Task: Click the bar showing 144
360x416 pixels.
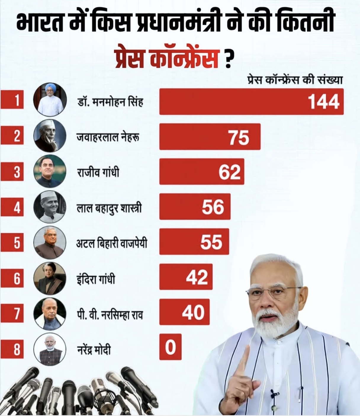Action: coord(251,102)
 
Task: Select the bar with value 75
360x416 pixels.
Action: coord(210,137)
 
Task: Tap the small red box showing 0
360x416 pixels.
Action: coord(170,347)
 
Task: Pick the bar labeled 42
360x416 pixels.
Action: coord(186,277)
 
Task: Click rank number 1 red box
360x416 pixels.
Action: coord(12,100)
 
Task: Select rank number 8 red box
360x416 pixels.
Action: coord(12,349)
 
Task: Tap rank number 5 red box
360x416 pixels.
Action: coord(12,242)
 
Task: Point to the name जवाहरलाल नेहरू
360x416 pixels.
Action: coord(108,137)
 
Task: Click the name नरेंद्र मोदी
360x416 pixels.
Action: coord(94,350)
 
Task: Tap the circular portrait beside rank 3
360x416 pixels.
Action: coord(50,171)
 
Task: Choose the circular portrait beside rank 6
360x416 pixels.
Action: coord(50,278)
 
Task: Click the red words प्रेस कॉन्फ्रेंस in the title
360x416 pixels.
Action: coord(166,58)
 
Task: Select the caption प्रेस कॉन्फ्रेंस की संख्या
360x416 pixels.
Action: coord(295,81)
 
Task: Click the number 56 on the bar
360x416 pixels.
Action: coord(213,207)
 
